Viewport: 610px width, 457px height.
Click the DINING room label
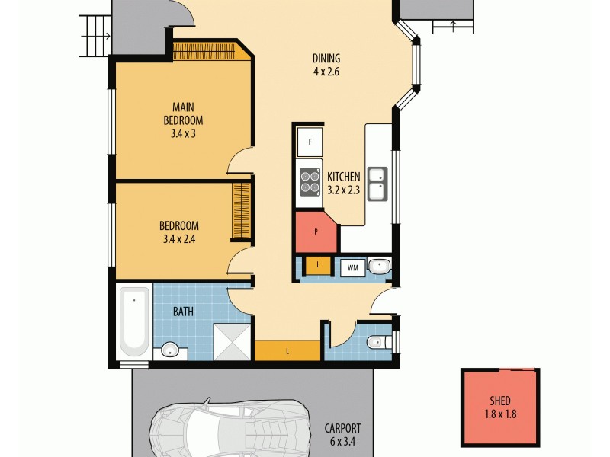coord(326,59)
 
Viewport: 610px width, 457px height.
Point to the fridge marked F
coord(310,142)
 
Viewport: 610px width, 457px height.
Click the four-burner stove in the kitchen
coord(310,182)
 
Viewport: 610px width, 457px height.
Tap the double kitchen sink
coord(377,183)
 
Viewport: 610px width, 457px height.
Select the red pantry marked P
coord(316,232)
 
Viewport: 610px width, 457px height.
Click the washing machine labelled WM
coord(352,267)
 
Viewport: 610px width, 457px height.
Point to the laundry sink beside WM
coord(378,267)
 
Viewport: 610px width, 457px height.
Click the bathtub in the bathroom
coord(135,321)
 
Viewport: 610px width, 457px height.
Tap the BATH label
coord(183,311)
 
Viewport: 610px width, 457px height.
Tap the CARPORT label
coord(342,428)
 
